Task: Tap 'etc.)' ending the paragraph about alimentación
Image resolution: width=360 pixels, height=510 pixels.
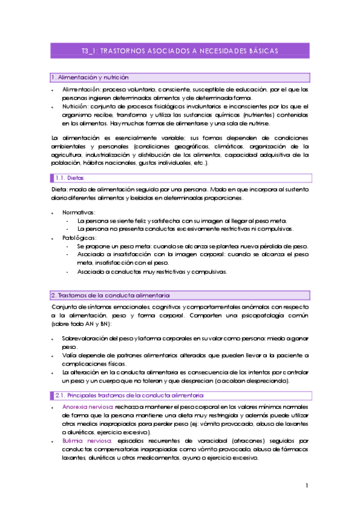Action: click(x=200, y=162)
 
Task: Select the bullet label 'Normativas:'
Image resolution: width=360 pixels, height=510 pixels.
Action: click(x=78, y=212)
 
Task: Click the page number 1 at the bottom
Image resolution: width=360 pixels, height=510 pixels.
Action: click(x=307, y=485)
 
